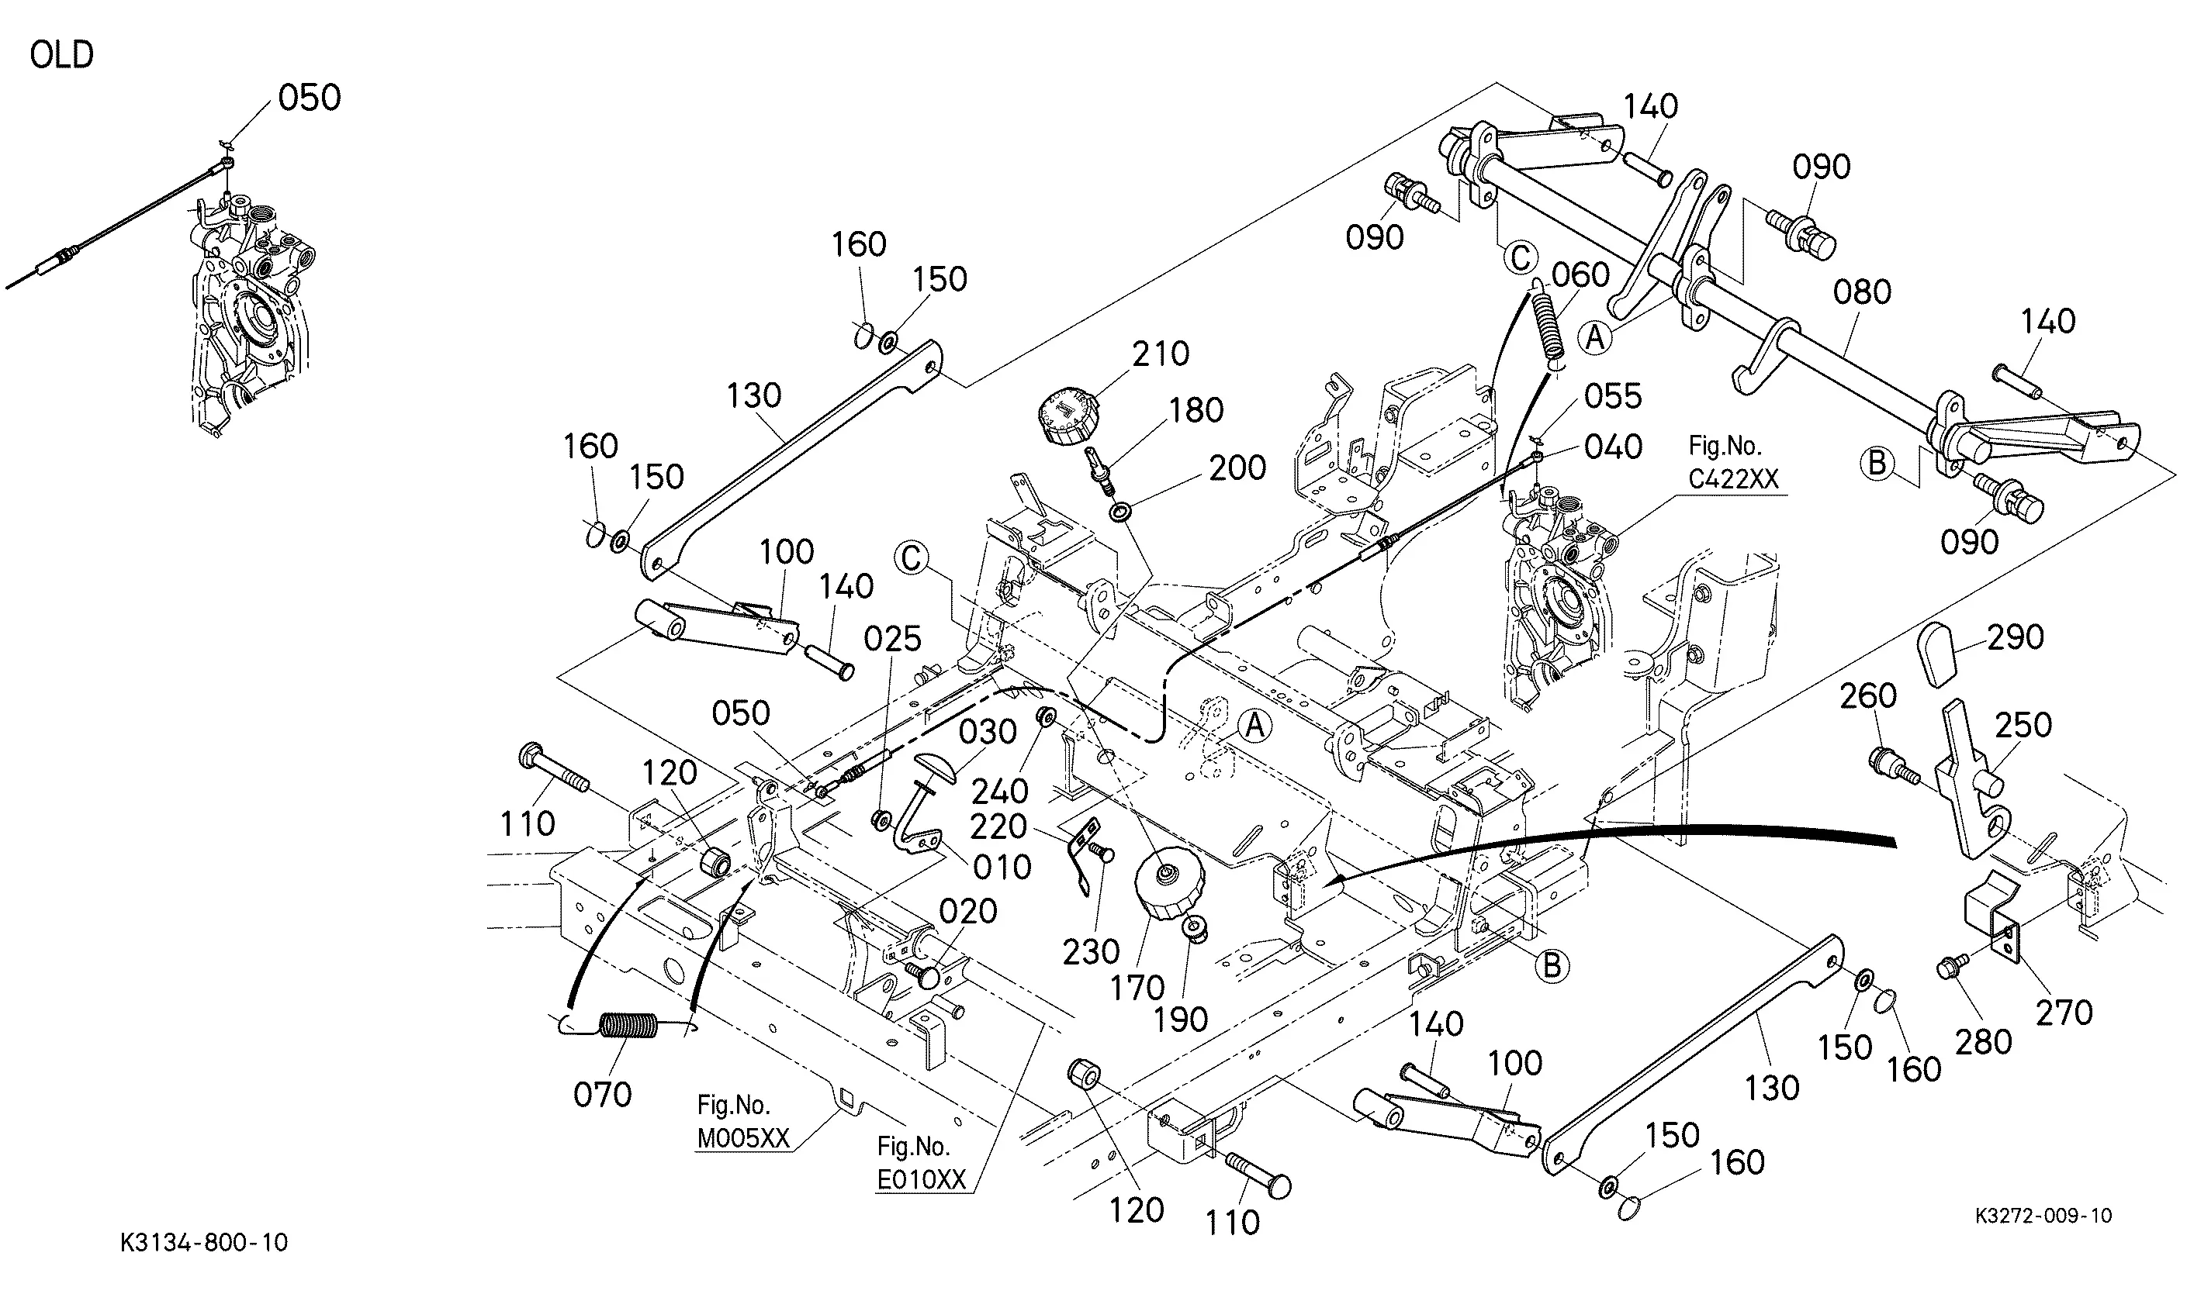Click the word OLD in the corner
[x=62, y=55]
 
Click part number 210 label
[x=1161, y=354]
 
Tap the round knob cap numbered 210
[x=1071, y=418]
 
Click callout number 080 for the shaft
[x=1862, y=292]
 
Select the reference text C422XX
[x=1732, y=478]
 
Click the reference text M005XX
[x=743, y=1138]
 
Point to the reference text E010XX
[x=922, y=1180]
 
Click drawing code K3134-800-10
[x=204, y=1243]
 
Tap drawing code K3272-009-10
[x=2043, y=1216]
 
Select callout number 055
[x=1613, y=397]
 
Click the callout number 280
[x=1983, y=1041]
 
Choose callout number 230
[x=1091, y=951]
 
